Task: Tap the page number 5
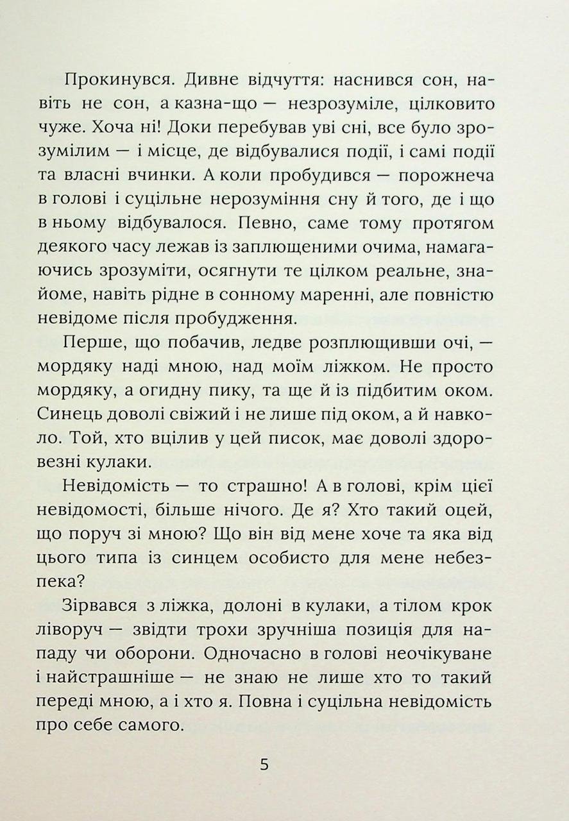pyautogui.click(x=264, y=765)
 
